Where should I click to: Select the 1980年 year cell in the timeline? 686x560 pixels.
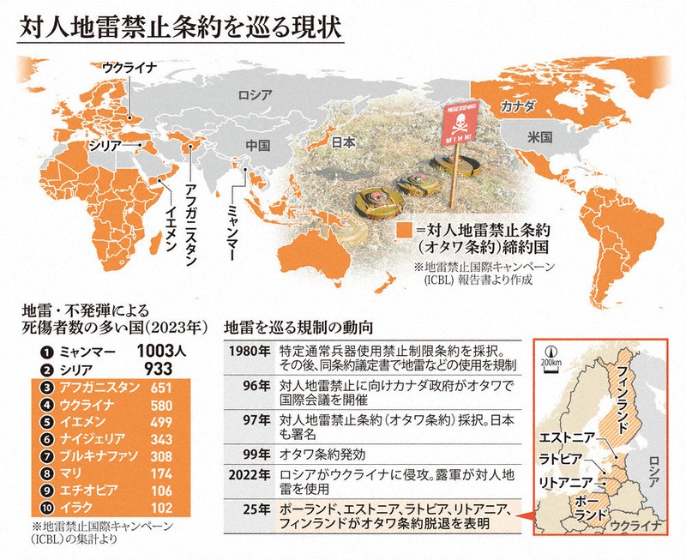pos(250,352)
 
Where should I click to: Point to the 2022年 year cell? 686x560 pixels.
pos(250,473)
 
